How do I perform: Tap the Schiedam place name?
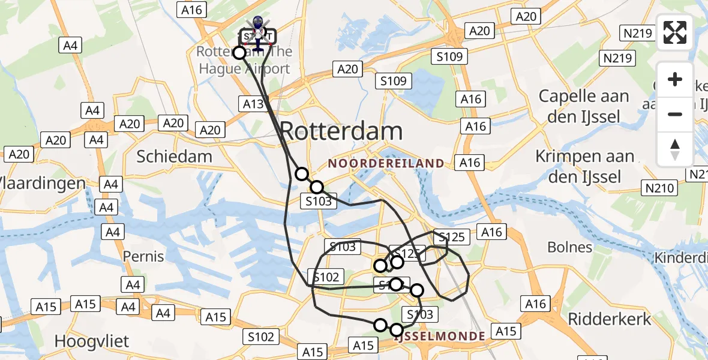coord(174,157)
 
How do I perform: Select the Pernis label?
coord(143,257)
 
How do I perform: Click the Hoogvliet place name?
coord(91,341)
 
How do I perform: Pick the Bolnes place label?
coord(570,247)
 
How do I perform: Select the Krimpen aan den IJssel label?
coord(585,166)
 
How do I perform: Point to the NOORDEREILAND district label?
coord(386,163)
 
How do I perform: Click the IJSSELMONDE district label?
coord(440,337)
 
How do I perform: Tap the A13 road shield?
coord(253,104)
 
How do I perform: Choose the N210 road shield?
coord(659,188)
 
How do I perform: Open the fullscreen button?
coord(675,32)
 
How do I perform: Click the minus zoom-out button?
coord(675,114)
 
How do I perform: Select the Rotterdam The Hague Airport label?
coord(245,60)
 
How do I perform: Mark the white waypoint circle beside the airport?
coord(239,53)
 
